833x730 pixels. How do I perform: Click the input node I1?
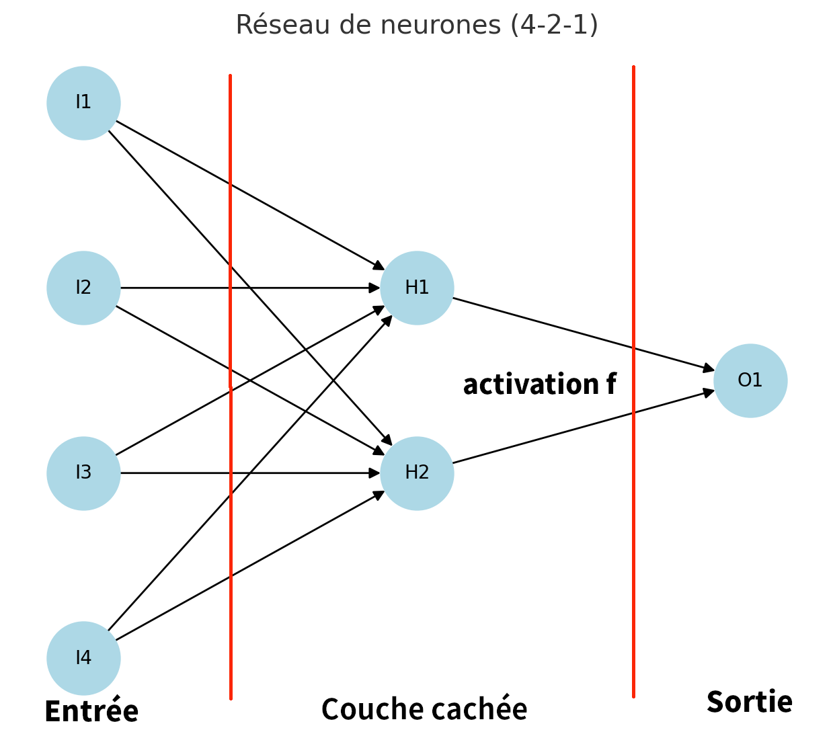(83, 103)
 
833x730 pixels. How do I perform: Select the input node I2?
(83, 288)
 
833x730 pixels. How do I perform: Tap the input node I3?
(83, 473)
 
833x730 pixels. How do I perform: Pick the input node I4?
(83, 658)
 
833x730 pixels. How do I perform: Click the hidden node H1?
(417, 288)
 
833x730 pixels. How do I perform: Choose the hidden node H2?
(417, 473)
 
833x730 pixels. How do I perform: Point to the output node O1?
(750, 380)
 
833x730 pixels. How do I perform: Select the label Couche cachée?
(424, 709)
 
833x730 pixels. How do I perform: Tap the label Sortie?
(749, 702)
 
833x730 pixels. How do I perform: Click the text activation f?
(539, 384)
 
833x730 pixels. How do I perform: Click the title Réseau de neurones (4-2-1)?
(416, 25)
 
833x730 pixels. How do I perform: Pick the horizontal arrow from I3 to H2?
(303, 473)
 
